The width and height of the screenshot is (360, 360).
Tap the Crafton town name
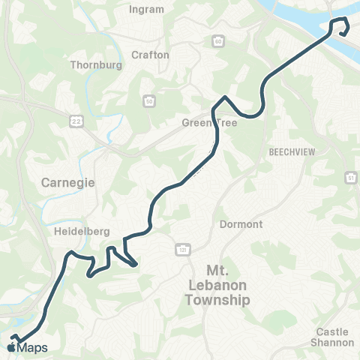click(151, 55)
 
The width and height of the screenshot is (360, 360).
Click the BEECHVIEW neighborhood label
click(289, 151)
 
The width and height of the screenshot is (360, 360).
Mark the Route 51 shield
click(350, 177)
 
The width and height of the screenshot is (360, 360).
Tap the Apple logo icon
click(10, 346)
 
